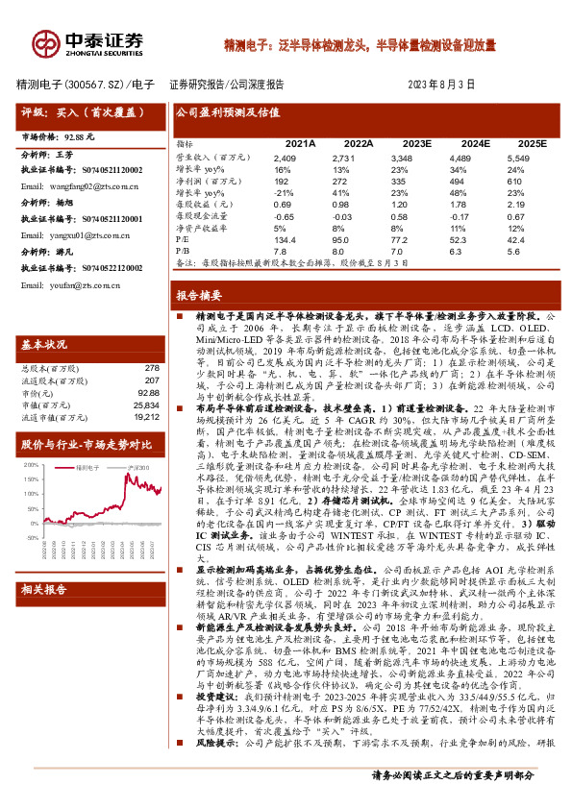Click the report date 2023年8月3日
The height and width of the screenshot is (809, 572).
[442, 84]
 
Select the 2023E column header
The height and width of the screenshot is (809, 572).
[416, 142]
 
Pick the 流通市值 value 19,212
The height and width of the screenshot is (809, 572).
[146, 417]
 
